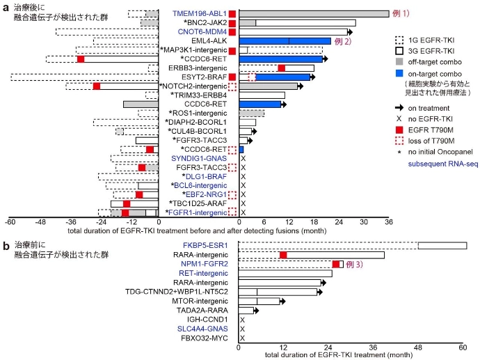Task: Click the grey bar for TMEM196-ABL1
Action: pyautogui.click(x=313, y=14)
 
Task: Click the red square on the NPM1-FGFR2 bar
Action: pyautogui.click(x=336, y=264)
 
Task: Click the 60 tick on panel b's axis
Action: pyautogui.click(x=463, y=346)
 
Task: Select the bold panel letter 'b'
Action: pyautogui.click(x=6, y=245)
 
